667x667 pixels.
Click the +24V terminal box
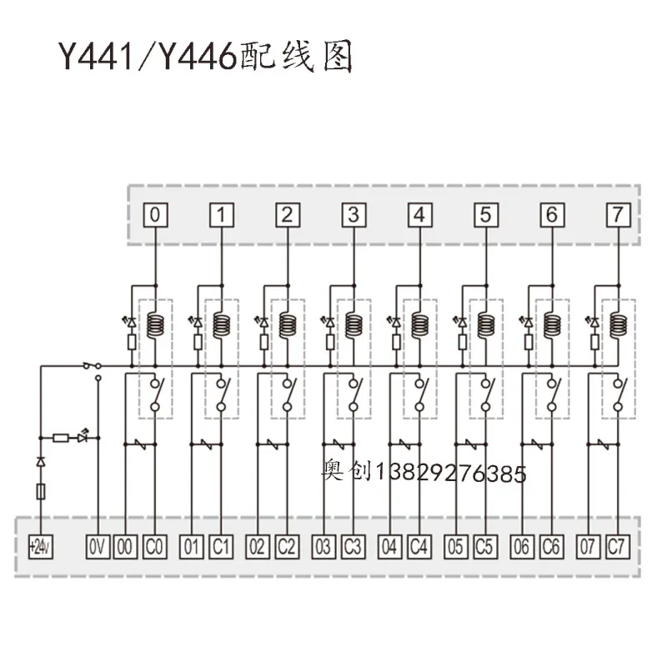click(x=39, y=548)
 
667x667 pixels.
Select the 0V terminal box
click(x=98, y=548)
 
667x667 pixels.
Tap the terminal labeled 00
click(x=125, y=548)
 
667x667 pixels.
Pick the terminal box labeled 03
click(x=323, y=548)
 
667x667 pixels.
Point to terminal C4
click(x=419, y=548)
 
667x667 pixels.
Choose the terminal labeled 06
click(x=522, y=548)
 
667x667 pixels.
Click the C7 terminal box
click(x=617, y=548)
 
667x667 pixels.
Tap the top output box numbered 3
click(x=354, y=215)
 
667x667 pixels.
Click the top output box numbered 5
click(x=485, y=215)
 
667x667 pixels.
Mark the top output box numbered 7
click(x=617, y=215)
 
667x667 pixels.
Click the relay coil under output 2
click(x=288, y=323)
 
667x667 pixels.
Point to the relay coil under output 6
click(x=551, y=323)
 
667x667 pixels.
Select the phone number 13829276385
click(x=452, y=474)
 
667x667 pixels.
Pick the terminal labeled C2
click(x=287, y=548)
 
